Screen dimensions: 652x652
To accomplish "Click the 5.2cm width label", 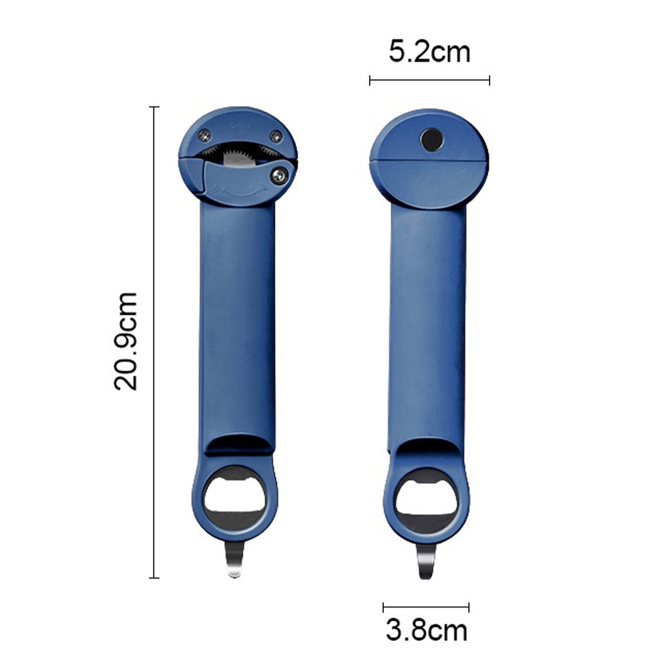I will [429, 52].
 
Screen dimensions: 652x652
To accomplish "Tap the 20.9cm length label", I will [126, 341].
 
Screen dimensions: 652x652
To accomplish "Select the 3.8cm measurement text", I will [426, 630].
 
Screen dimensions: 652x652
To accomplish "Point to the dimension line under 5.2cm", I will [429, 81].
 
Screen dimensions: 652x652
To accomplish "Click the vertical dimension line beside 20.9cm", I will [155, 341].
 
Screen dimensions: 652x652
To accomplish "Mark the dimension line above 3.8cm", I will [426, 606].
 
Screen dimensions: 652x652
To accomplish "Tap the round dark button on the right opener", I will [431, 138].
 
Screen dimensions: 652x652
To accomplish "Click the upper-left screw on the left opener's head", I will [205, 135].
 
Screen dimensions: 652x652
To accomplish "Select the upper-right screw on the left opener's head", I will [276, 136].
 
